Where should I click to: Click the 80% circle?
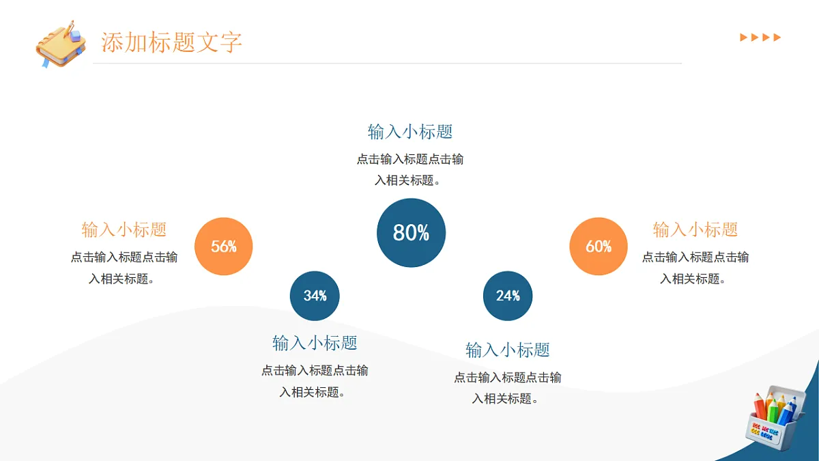(x=411, y=233)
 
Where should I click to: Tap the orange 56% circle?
(x=223, y=247)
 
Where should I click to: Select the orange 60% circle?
(x=599, y=247)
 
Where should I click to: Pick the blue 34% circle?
(x=315, y=296)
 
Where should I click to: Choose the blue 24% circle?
(x=508, y=296)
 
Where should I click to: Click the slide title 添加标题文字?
(x=171, y=42)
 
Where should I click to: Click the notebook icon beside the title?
(x=61, y=44)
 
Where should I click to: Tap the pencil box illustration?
(x=775, y=418)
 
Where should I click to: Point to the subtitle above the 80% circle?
(x=410, y=132)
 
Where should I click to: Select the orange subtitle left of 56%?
(x=124, y=229)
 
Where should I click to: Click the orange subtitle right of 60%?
(x=695, y=229)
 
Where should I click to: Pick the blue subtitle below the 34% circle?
(x=315, y=343)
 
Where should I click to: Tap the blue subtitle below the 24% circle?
(x=508, y=350)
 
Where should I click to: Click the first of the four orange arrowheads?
(x=743, y=38)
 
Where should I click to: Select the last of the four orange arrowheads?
(x=777, y=38)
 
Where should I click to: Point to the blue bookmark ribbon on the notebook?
(x=45, y=63)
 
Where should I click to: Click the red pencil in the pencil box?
(x=760, y=406)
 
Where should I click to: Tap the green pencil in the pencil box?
(x=773, y=410)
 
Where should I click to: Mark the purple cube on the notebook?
(x=75, y=36)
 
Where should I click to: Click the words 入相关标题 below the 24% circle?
(x=502, y=398)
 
